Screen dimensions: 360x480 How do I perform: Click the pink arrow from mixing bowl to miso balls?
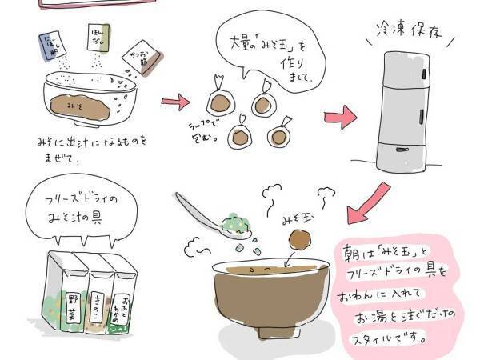click(x=176, y=102)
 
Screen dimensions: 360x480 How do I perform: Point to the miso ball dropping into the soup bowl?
click(x=301, y=240)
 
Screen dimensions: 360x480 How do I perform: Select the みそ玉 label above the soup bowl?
click(x=295, y=215)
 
